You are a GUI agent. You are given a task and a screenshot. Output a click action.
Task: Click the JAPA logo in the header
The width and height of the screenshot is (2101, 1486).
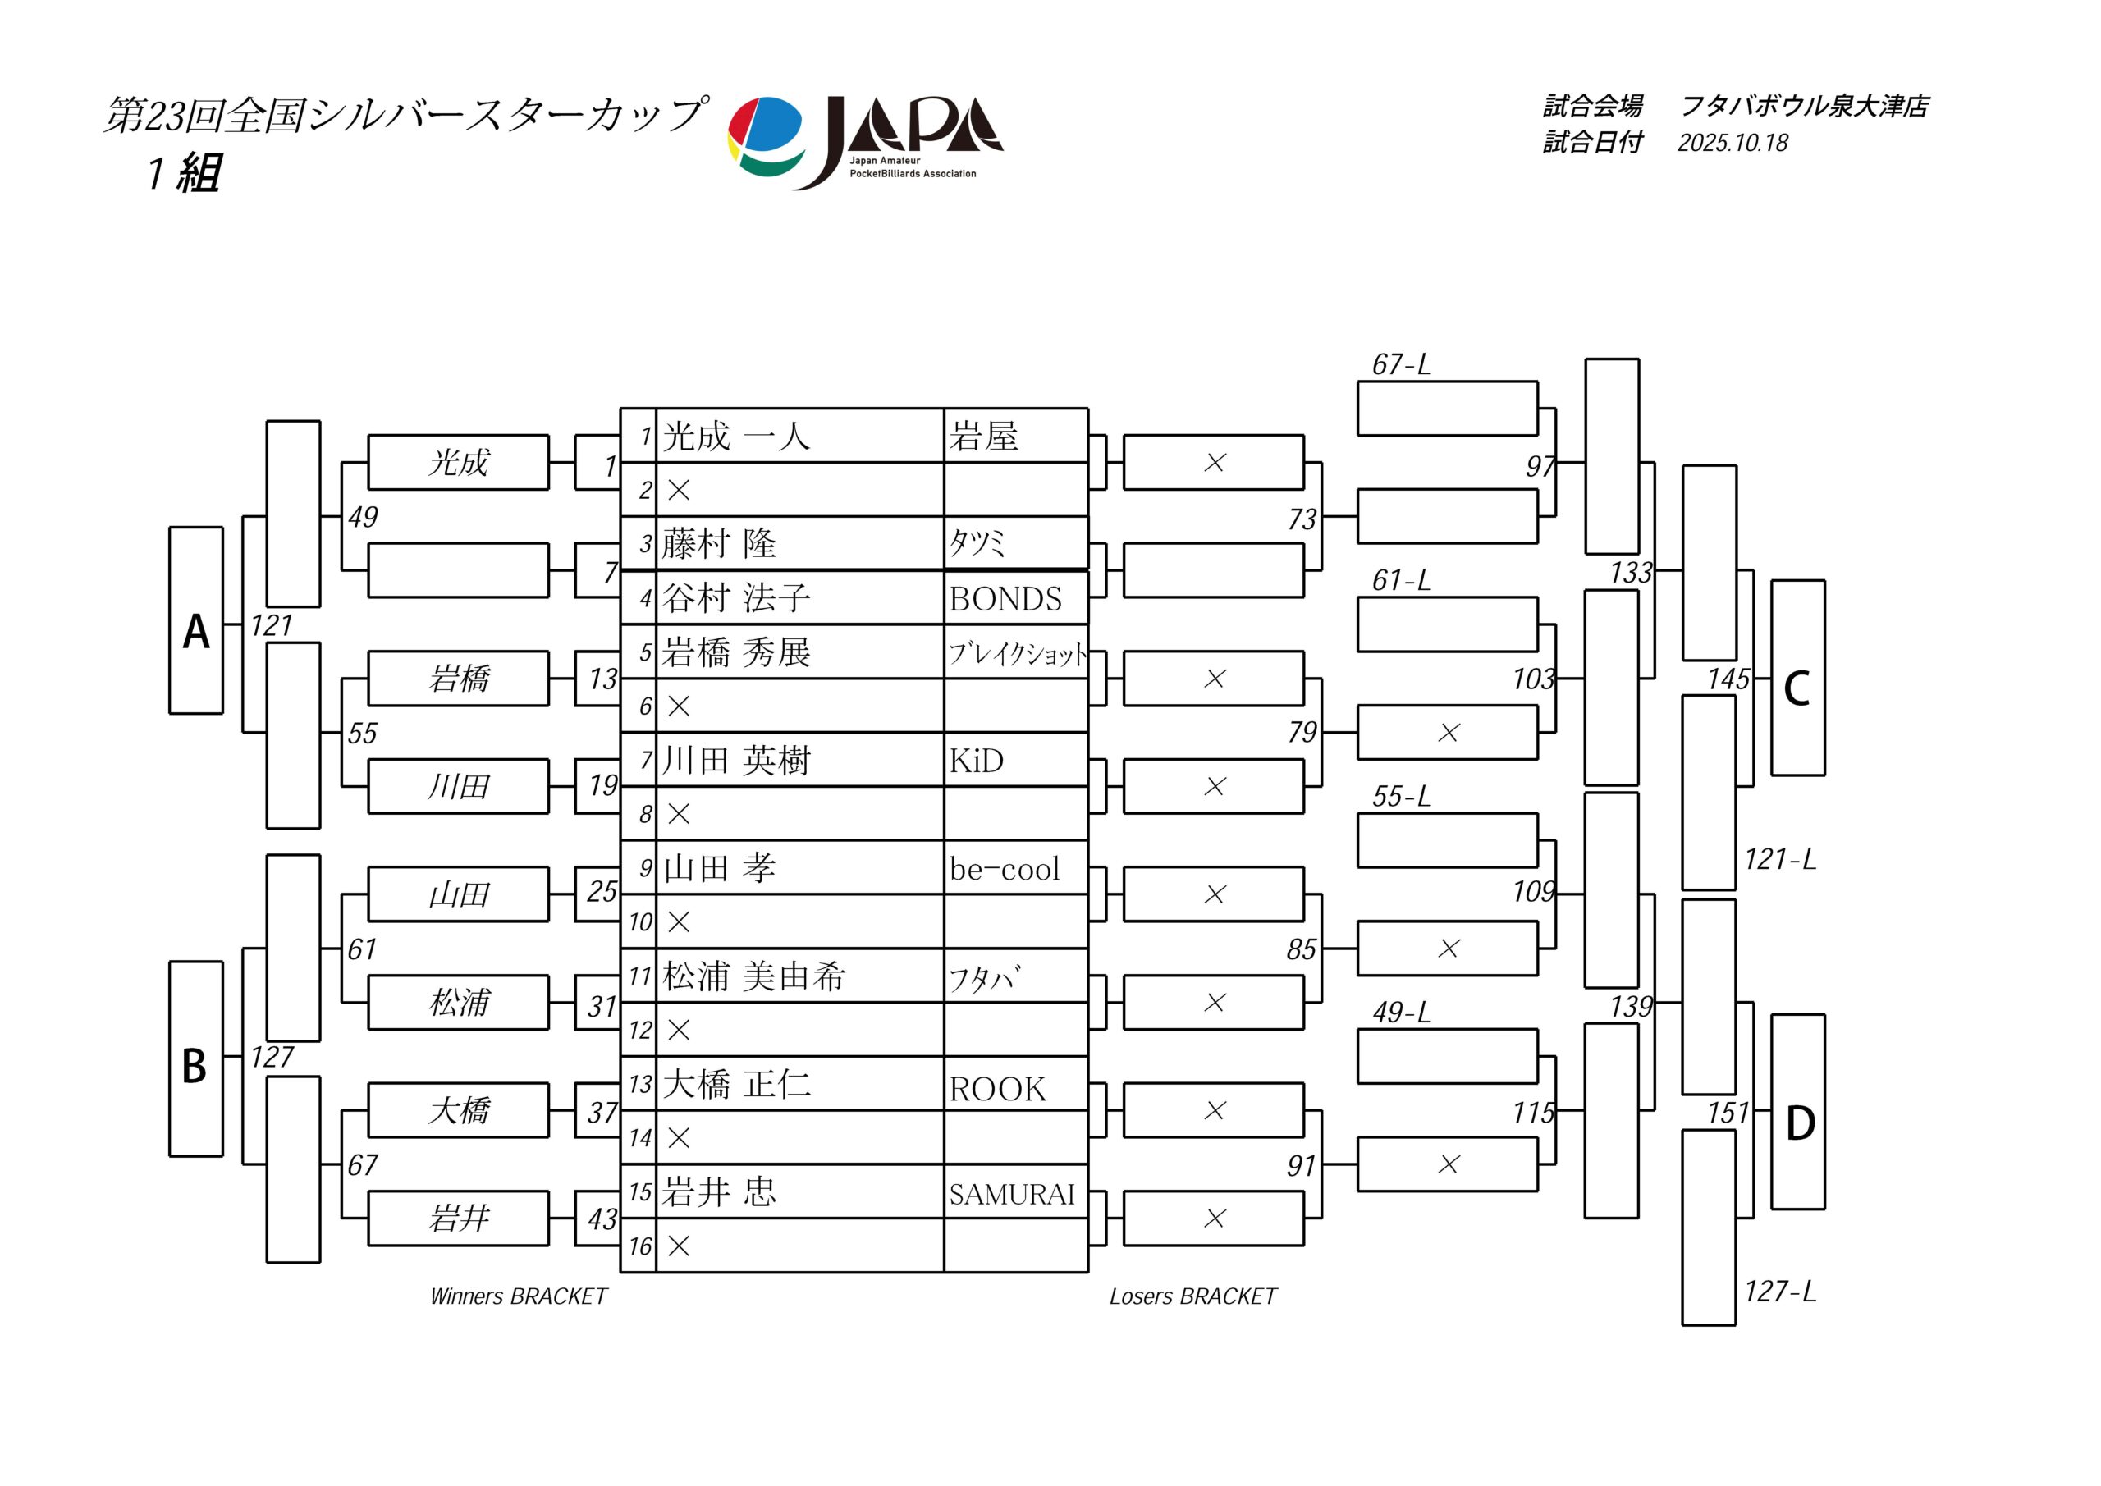tap(865, 142)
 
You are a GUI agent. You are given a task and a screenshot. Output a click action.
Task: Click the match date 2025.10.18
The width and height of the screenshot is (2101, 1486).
tap(1732, 143)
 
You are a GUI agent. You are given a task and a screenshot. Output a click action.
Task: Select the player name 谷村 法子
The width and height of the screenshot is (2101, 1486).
tap(737, 598)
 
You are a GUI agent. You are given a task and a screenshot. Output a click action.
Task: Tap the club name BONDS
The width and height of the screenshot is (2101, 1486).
tap(1005, 599)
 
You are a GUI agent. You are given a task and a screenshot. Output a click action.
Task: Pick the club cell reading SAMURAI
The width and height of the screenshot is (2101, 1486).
tap(1011, 1194)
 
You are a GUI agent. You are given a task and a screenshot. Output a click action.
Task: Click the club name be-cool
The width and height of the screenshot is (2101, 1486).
tap(1004, 868)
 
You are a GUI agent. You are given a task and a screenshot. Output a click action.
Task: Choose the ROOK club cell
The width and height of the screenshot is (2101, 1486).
tap(996, 1089)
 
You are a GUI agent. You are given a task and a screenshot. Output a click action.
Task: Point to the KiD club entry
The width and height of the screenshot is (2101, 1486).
tap(976, 761)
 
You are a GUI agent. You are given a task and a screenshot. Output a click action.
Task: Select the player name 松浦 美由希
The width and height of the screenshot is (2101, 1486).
tap(753, 976)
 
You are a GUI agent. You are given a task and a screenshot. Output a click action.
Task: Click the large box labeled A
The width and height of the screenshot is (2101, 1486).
tap(196, 620)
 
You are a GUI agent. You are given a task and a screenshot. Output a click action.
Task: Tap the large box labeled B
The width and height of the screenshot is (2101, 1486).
tap(196, 1058)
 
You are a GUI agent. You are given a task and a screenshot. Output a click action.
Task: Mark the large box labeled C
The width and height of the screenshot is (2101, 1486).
tap(1797, 678)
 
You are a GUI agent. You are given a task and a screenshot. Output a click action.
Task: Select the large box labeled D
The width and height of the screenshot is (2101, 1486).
tap(1797, 1112)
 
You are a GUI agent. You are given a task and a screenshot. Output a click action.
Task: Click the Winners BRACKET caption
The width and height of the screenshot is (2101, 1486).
tap(518, 1296)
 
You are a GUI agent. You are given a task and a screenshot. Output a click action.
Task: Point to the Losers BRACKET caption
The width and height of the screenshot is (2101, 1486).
tap(1192, 1296)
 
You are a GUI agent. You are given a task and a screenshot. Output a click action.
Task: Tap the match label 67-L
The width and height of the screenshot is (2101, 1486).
tap(1400, 365)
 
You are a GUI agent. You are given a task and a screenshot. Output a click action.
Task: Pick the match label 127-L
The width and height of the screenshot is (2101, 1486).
tap(1779, 1291)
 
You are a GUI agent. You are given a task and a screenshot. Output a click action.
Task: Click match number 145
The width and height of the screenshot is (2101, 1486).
tap(1728, 679)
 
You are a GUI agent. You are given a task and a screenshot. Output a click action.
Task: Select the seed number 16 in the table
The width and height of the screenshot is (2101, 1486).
tap(639, 1246)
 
